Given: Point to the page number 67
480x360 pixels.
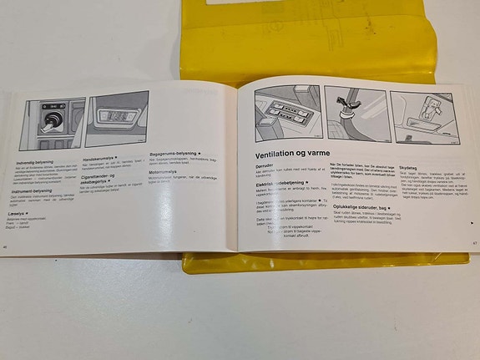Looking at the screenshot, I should point(473,243).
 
